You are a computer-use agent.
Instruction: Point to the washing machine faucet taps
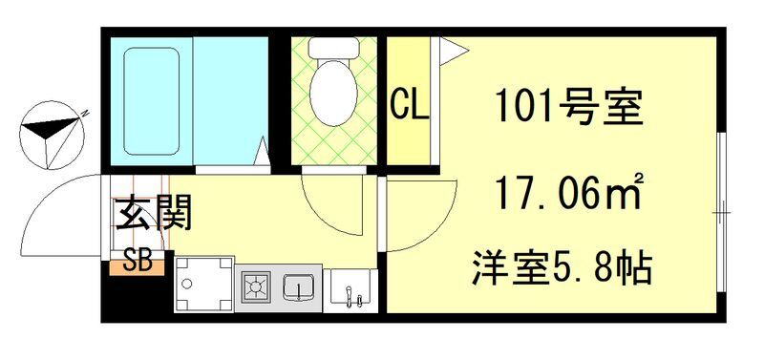pyautogui.click(x=356, y=297)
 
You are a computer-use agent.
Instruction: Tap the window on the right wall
pyautogui.click(x=723, y=206)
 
